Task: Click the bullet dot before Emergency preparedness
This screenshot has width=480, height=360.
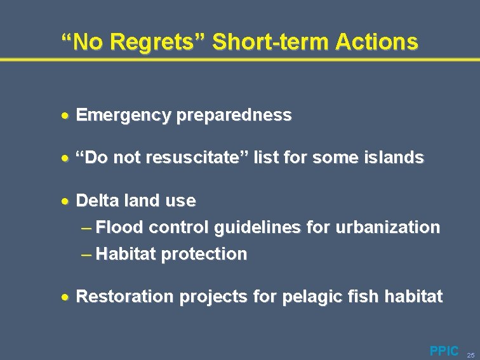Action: coord(66,116)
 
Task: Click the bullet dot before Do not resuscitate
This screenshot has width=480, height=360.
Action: coord(66,158)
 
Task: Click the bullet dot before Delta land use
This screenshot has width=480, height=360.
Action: coord(66,201)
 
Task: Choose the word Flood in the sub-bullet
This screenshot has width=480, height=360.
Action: coord(121,227)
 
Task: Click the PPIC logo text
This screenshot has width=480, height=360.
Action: coord(444,350)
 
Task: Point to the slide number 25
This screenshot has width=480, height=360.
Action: coord(470,352)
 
